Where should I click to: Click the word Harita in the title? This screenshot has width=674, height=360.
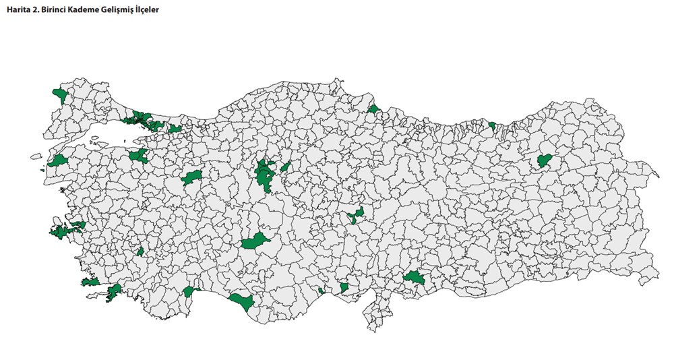[19, 11]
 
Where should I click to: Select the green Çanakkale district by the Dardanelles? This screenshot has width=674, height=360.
[58, 160]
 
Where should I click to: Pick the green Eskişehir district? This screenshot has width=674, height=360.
[191, 179]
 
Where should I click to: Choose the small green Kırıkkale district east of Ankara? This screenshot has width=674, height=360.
[285, 167]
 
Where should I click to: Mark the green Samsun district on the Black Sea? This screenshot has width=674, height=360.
[374, 108]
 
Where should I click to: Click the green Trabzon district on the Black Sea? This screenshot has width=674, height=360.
[493, 125]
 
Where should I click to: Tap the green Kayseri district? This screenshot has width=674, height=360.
[356, 216]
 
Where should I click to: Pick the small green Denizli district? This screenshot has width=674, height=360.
[141, 251]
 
